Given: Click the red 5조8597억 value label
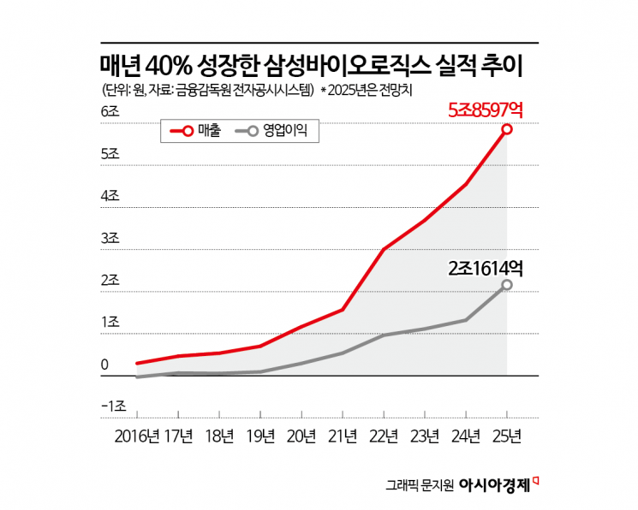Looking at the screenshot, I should tap(486, 110).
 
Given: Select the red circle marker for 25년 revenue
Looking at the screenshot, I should tap(507, 129).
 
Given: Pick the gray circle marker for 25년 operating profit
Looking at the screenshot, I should tap(507, 285).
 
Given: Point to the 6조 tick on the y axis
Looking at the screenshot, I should tap(110, 112).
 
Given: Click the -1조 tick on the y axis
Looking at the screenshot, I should tap(113, 406).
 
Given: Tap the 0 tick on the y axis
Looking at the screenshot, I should tap(104, 365).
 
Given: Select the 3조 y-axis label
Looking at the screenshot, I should tap(110, 238).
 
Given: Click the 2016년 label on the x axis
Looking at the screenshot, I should tap(136, 436).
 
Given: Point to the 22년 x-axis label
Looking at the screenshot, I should tap(384, 436).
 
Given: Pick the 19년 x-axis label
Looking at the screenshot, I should tap(260, 436).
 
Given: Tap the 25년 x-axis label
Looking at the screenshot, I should tap(507, 436).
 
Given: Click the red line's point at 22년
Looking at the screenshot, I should tap(384, 249).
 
